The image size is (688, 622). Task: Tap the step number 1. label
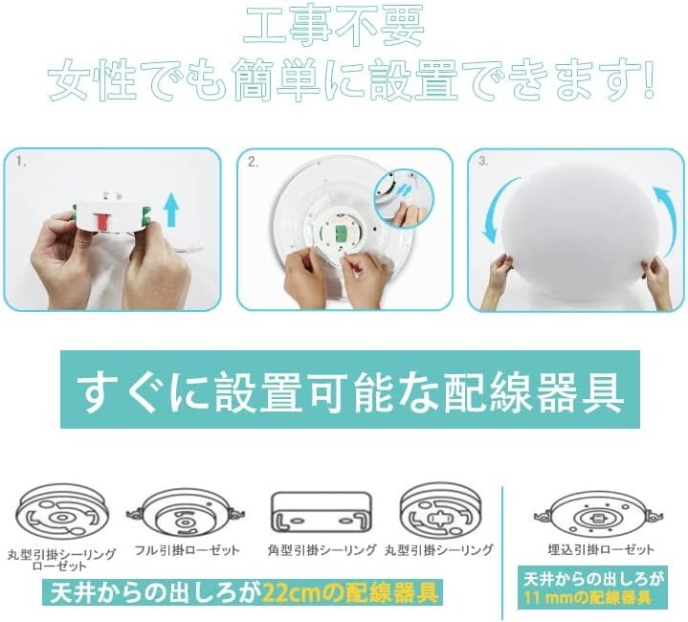coord(20,163)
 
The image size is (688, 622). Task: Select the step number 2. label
coord(254,163)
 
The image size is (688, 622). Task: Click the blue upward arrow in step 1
coord(171,209)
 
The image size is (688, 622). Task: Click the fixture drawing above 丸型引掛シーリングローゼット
coord(61,510)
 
